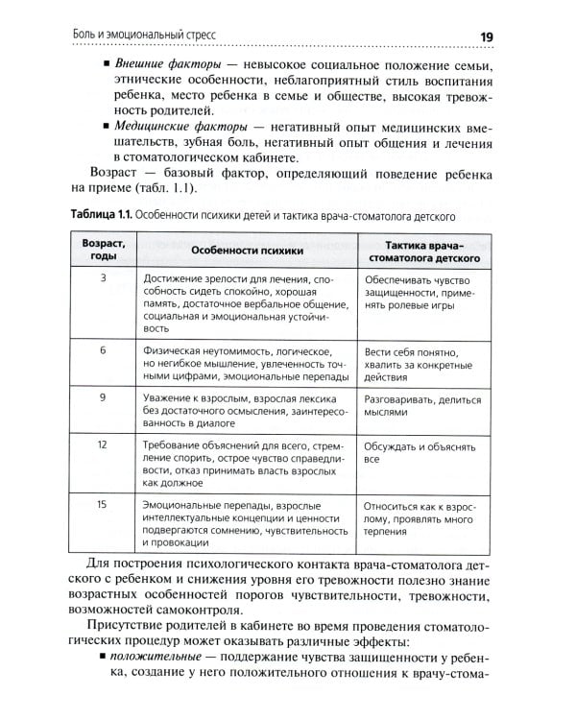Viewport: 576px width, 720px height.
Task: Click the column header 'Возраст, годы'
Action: pyautogui.click(x=102, y=251)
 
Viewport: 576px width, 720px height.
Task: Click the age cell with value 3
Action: pyautogui.click(x=102, y=278)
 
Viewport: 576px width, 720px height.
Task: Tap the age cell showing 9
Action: pyautogui.click(x=102, y=396)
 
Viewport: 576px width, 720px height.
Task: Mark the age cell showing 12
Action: pyautogui.click(x=102, y=445)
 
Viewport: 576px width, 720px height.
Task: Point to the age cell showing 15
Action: pyautogui.click(x=102, y=504)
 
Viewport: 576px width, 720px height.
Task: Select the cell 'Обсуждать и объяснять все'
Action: pyautogui.click(x=419, y=452)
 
